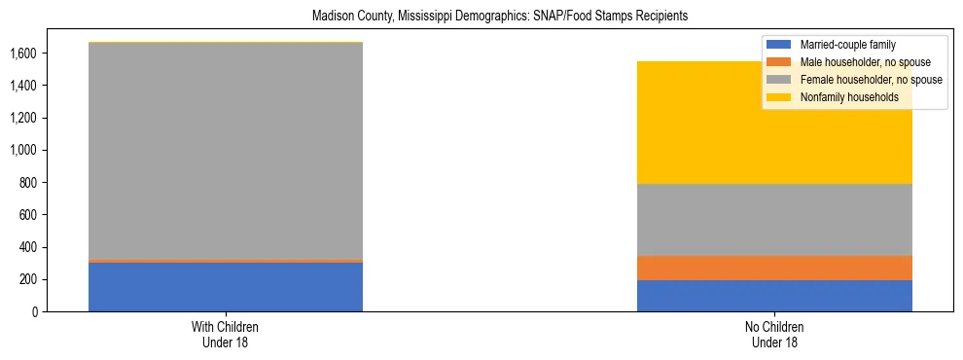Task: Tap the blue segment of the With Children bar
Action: pos(226,287)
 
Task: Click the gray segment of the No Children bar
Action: pos(774,220)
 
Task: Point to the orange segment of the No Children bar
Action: pos(774,268)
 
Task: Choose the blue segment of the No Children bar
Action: pos(774,296)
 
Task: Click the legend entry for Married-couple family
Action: pos(846,45)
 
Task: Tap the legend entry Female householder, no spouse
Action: pos(870,80)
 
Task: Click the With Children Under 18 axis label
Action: pos(226,334)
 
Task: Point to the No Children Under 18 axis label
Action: pos(774,334)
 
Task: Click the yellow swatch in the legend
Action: pos(779,97)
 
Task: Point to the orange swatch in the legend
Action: pos(779,62)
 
